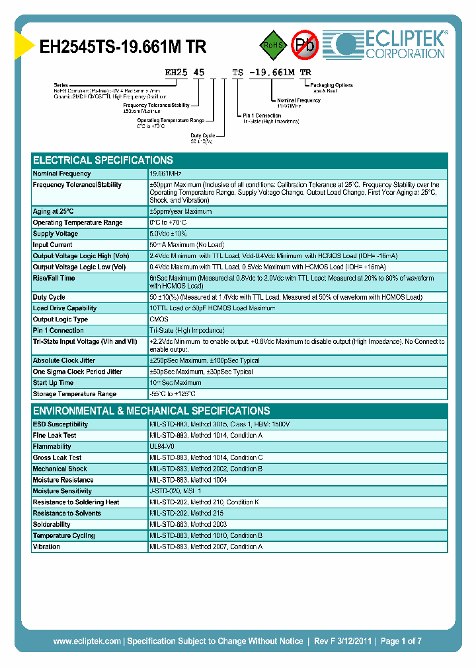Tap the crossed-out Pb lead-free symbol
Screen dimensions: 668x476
point(305,45)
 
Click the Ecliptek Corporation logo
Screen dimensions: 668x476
point(389,44)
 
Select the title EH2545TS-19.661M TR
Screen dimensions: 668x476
point(123,47)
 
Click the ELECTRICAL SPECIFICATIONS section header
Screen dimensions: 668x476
point(103,160)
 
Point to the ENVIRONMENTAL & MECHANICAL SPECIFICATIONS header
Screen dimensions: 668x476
point(151,411)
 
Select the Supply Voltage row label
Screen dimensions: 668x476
point(56,234)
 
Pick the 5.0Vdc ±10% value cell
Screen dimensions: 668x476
point(169,234)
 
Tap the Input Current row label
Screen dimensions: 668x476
point(53,245)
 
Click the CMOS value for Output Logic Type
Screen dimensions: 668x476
point(159,319)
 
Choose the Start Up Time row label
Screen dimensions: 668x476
point(53,383)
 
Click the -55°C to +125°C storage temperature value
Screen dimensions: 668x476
point(173,394)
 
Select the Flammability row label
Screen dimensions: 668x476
point(52,447)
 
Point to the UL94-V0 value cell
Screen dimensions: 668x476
point(162,447)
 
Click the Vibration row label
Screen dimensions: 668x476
point(46,547)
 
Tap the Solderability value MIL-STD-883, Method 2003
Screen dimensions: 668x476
point(188,524)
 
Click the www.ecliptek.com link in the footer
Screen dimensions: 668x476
point(87,641)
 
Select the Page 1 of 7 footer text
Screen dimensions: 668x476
point(401,641)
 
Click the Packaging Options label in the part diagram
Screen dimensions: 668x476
point(333,85)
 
